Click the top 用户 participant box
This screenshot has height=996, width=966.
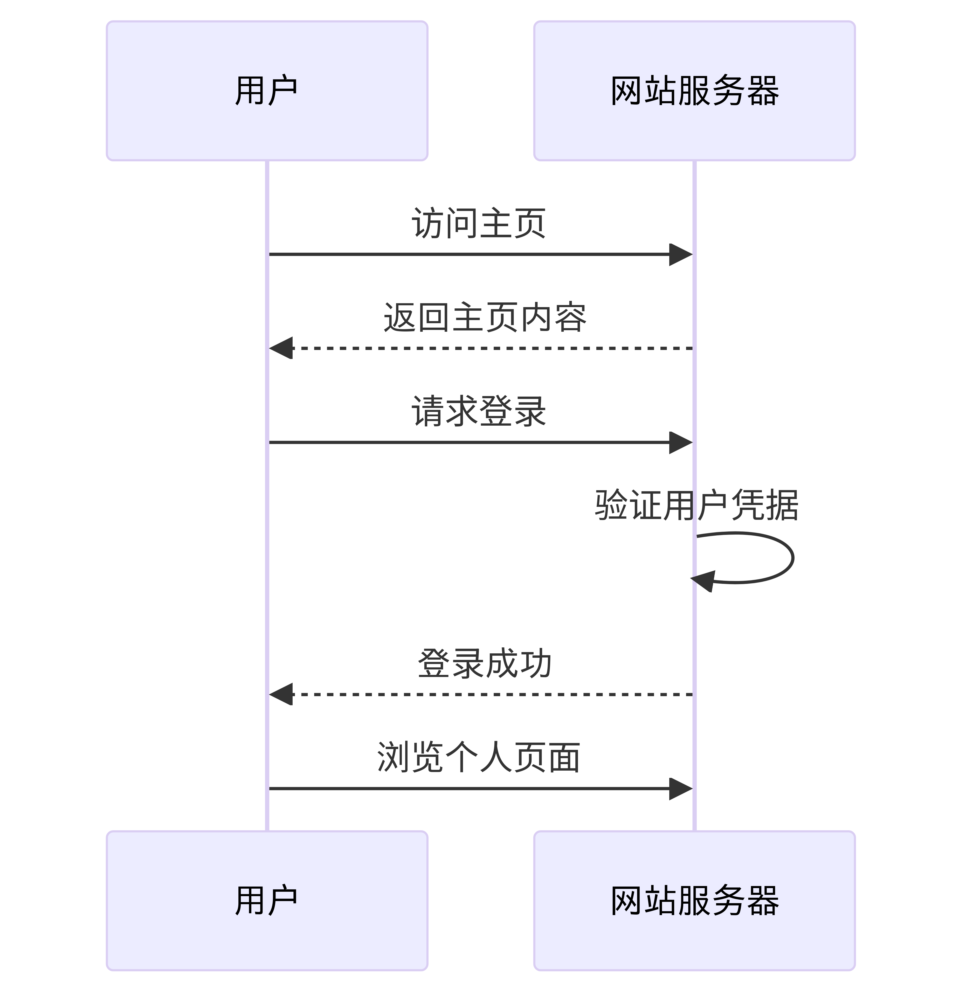coord(267,91)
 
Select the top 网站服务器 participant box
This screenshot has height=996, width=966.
coord(694,91)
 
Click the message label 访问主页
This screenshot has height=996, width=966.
coord(479,224)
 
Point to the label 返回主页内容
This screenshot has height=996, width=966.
coord(485,317)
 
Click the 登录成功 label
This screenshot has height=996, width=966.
coord(485,664)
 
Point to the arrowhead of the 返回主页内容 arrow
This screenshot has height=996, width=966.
coord(281,348)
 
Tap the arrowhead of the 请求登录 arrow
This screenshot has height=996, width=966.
coord(681,442)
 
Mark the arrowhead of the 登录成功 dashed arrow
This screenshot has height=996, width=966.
coord(281,694)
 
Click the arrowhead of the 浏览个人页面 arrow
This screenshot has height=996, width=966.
coord(681,789)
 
